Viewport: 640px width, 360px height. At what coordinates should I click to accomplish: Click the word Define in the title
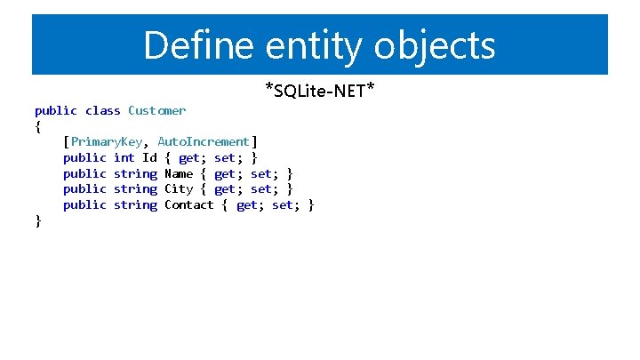191,44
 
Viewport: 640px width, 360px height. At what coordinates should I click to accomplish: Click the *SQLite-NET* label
319,90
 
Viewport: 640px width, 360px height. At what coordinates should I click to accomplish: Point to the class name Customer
156,110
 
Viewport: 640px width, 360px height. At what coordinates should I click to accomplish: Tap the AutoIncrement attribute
204,141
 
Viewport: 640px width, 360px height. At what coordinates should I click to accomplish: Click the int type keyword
124,157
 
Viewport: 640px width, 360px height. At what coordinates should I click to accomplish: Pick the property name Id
149,157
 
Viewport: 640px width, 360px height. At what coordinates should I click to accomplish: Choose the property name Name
179,173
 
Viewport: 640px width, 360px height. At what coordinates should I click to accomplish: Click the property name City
179,188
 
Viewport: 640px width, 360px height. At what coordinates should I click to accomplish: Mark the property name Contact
189,204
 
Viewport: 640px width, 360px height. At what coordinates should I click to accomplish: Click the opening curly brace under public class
37,126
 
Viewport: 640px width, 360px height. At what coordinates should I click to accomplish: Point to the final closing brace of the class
37,220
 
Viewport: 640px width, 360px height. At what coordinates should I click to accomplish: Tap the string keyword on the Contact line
135,204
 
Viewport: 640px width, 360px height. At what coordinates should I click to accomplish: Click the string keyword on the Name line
135,173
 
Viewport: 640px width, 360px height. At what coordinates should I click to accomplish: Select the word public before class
56,110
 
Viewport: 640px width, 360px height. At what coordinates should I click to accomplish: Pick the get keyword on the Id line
189,157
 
